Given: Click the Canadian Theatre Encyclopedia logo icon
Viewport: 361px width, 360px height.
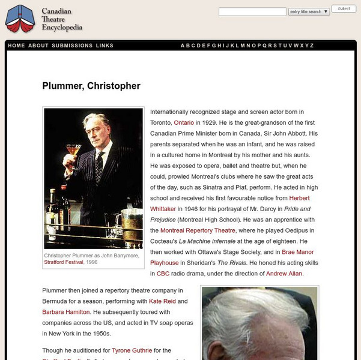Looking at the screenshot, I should coord(20,19).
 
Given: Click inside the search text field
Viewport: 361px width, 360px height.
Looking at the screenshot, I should coord(252,11).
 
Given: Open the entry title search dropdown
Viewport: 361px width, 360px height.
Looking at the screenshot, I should coord(309,11).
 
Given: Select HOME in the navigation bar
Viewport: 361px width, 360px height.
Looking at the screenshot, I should coord(17,46).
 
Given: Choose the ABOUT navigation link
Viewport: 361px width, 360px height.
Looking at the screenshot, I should coord(38,46).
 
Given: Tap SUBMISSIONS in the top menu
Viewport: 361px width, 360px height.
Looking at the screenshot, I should coord(72,46).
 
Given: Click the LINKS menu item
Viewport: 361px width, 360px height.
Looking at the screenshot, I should coord(105,46).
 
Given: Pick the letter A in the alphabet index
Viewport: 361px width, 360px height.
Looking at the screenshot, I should coord(183,46).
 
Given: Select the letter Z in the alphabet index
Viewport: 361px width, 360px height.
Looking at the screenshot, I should coord(312,46).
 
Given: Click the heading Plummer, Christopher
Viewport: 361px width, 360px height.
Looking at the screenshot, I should coord(91,86).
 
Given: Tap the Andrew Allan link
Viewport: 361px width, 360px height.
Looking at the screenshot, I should coord(285,274).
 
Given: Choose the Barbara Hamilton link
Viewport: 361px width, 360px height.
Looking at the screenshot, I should coord(66,312).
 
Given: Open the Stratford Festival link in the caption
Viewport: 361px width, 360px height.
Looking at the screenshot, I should coord(65,262).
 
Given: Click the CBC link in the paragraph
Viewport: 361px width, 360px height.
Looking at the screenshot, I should coord(163,274).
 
